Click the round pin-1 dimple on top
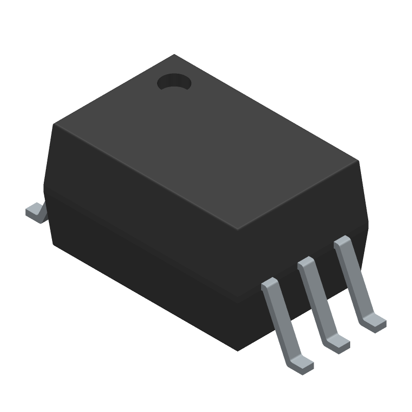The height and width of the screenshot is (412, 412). pos(174,82)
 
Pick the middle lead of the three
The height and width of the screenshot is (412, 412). pos(319,301)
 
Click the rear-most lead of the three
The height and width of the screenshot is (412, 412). pos(355,281)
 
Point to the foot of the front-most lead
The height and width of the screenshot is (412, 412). pos(302,366)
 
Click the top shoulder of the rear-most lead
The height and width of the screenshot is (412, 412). pos(342,242)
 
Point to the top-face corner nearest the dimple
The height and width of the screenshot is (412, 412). pos(174,55)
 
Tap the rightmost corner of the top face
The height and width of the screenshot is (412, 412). pos(358,161)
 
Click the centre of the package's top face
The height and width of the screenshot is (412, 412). pos(206,142)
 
